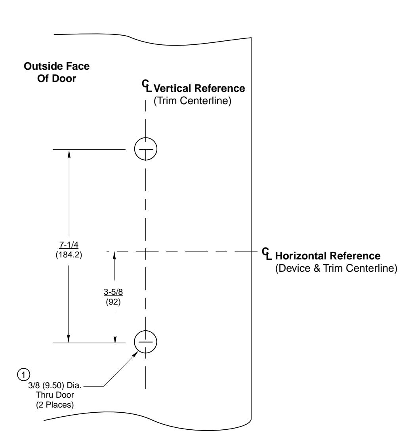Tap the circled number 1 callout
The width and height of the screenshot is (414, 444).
23,375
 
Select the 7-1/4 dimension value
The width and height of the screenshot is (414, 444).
69,244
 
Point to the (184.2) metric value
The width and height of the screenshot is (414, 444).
69,255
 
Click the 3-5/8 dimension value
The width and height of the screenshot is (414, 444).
113,292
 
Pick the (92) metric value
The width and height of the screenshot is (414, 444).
113,302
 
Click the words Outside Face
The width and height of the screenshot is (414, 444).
57,66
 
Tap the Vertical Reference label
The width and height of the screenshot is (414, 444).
199,88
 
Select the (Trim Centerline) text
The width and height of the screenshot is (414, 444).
193,101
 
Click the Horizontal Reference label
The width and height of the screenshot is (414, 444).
328,256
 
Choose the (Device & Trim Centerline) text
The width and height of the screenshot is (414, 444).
336,268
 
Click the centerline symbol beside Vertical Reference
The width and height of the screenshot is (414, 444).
147,86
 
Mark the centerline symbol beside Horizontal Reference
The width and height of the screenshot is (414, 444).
267,253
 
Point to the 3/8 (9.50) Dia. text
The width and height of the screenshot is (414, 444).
55,385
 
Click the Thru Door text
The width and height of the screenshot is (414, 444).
55,395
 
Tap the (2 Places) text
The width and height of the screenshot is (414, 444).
55,405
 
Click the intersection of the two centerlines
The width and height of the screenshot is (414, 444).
145,251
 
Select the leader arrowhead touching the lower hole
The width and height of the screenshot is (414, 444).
135,354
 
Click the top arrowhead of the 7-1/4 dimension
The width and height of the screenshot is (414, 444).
69,153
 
